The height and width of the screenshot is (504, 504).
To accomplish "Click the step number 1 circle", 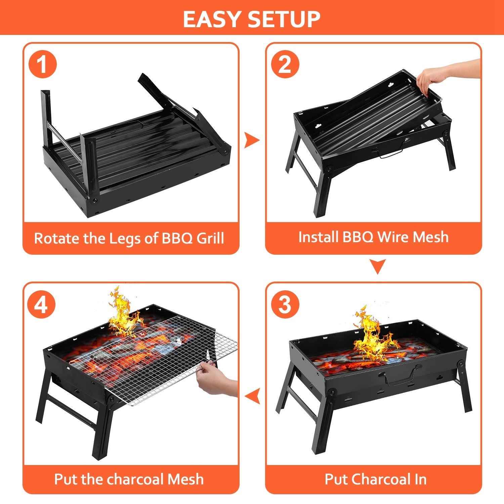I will click(x=42, y=64).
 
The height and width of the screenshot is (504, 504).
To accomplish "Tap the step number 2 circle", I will click(x=285, y=64).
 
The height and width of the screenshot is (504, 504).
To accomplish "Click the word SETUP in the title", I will click(x=284, y=19).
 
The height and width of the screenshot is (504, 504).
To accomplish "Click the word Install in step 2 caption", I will click(x=318, y=237).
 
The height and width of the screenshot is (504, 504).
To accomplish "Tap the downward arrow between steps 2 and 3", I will click(x=377, y=266).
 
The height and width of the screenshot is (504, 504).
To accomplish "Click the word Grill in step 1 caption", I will click(x=210, y=238).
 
